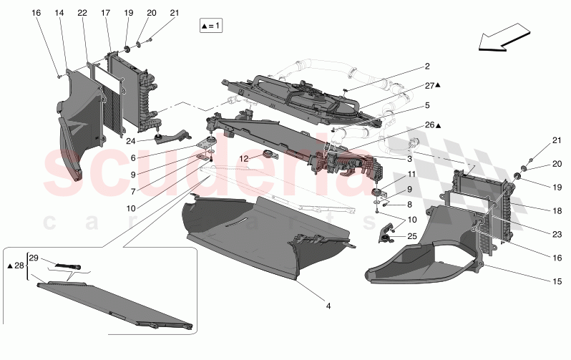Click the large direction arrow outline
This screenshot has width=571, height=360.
pyautogui.click(x=504, y=38)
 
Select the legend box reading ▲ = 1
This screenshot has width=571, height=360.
pyautogui.click(x=212, y=26)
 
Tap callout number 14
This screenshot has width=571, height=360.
pyautogui.click(x=59, y=14)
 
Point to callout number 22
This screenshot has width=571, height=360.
pyautogui.click(x=82, y=14)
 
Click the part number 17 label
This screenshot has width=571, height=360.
pyautogui.click(x=106, y=14)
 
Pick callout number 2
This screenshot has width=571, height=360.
pyautogui.click(x=426, y=67)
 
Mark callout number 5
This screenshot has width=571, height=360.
pyautogui.click(x=426, y=104)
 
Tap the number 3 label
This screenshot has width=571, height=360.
pyautogui.click(x=409, y=159)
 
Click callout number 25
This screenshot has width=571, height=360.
pyautogui.click(x=411, y=235)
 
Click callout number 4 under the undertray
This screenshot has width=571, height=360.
pyautogui.click(x=328, y=307)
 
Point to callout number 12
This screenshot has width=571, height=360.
pyautogui.click(x=243, y=158)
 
